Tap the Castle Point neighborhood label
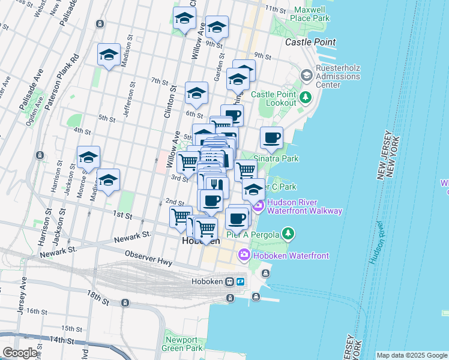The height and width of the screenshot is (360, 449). pyautogui.click(x=310, y=42)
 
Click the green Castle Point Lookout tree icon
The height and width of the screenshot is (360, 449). pyautogui.click(x=306, y=96)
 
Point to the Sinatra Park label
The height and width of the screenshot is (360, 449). pyautogui.click(x=276, y=159)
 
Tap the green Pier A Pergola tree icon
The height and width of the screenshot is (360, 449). pyautogui.click(x=289, y=233)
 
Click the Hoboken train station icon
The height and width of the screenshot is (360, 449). pyautogui.click(x=229, y=281)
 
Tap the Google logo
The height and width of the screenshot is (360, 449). pyautogui.click(x=20, y=353)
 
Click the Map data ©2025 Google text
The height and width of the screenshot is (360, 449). pyautogui.click(x=412, y=355)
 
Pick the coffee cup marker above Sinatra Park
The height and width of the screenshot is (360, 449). pyautogui.click(x=271, y=137)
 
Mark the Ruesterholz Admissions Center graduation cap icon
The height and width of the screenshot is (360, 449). pyautogui.click(x=306, y=75)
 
